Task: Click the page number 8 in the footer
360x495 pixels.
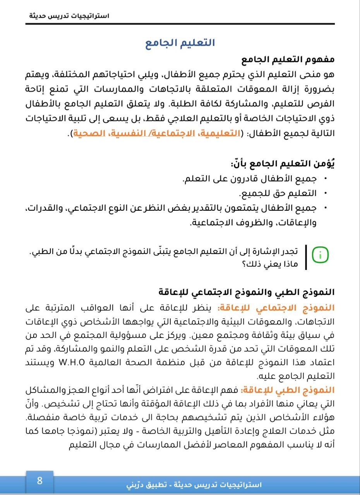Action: pos(39,481)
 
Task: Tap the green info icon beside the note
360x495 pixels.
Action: pos(320,254)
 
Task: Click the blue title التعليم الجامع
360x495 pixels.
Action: pos(180,43)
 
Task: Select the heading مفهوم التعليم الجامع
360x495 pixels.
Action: pos(288,60)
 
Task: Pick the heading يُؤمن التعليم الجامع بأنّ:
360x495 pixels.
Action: pos(283,164)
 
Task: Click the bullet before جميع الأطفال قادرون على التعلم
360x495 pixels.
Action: pos(325,179)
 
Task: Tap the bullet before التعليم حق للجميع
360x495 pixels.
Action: pos(325,193)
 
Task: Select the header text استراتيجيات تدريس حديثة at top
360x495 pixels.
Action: pos(69,16)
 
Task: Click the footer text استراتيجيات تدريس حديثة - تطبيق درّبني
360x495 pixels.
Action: pos(194,485)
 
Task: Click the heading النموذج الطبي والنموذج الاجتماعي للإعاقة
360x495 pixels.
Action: pos(247,292)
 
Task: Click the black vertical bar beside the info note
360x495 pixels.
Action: pos(306,257)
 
